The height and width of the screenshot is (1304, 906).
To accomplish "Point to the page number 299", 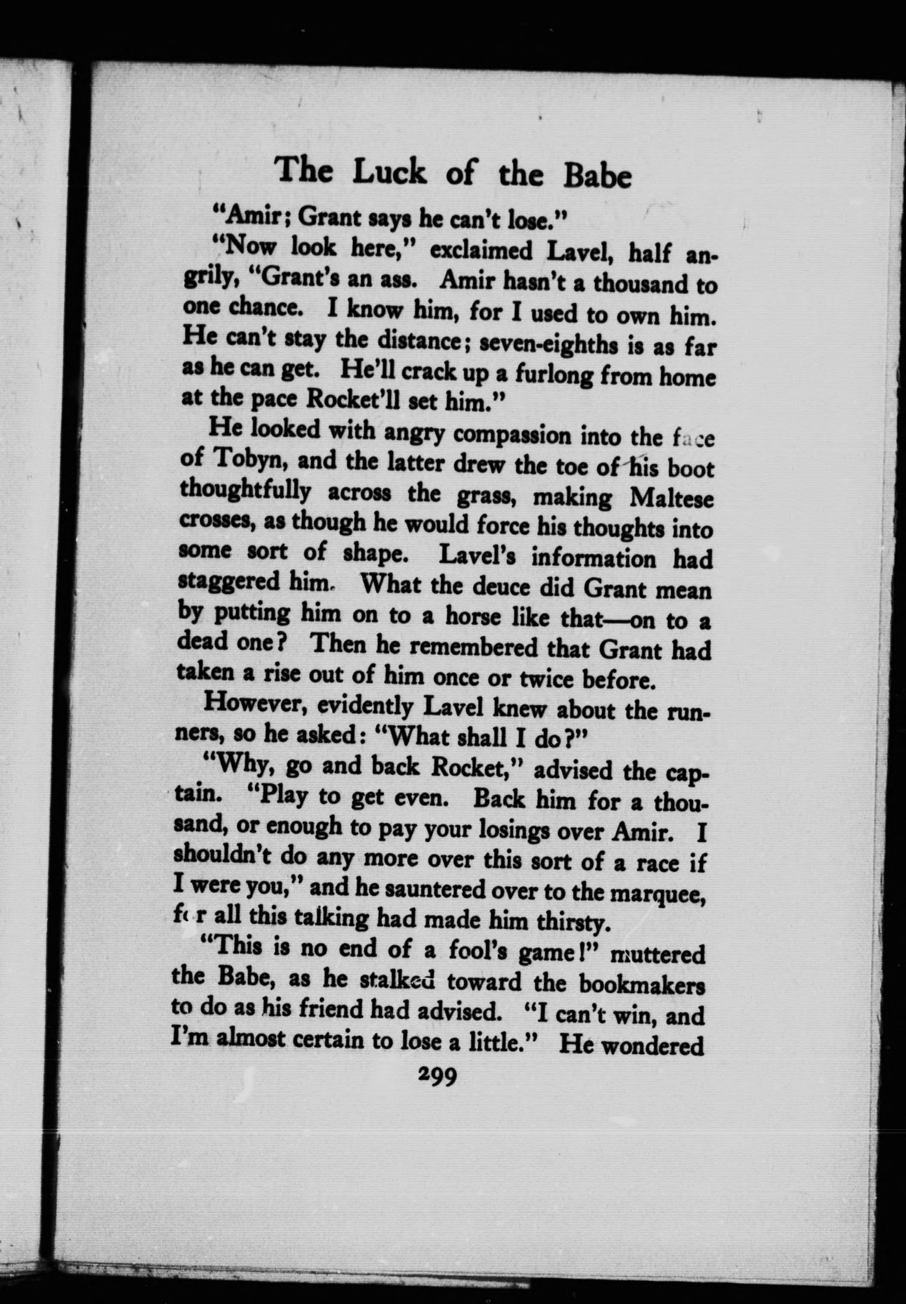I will point(437,1075).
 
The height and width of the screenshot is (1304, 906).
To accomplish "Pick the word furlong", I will point(545,374).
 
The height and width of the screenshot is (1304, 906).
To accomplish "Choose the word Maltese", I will point(671,499).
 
